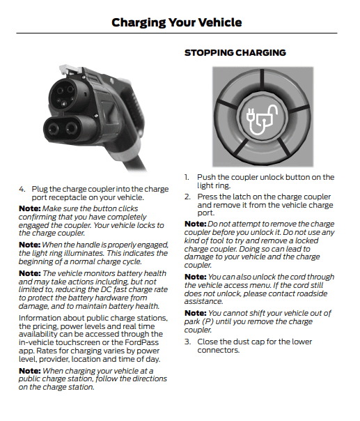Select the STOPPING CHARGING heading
click(x=235, y=53)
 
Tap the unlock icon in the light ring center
click(x=262, y=118)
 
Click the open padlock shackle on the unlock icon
click(x=272, y=111)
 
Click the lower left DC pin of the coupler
click(x=53, y=129)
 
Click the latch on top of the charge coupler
click(x=70, y=69)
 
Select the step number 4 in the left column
click(x=22, y=189)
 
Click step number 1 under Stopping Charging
click(x=187, y=177)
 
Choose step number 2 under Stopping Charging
click(x=187, y=197)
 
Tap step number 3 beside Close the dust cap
click(x=187, y=342)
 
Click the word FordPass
click(x=141, y=342)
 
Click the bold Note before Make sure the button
click(x=29, y=208)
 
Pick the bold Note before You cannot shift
click(x=195, y=314)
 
